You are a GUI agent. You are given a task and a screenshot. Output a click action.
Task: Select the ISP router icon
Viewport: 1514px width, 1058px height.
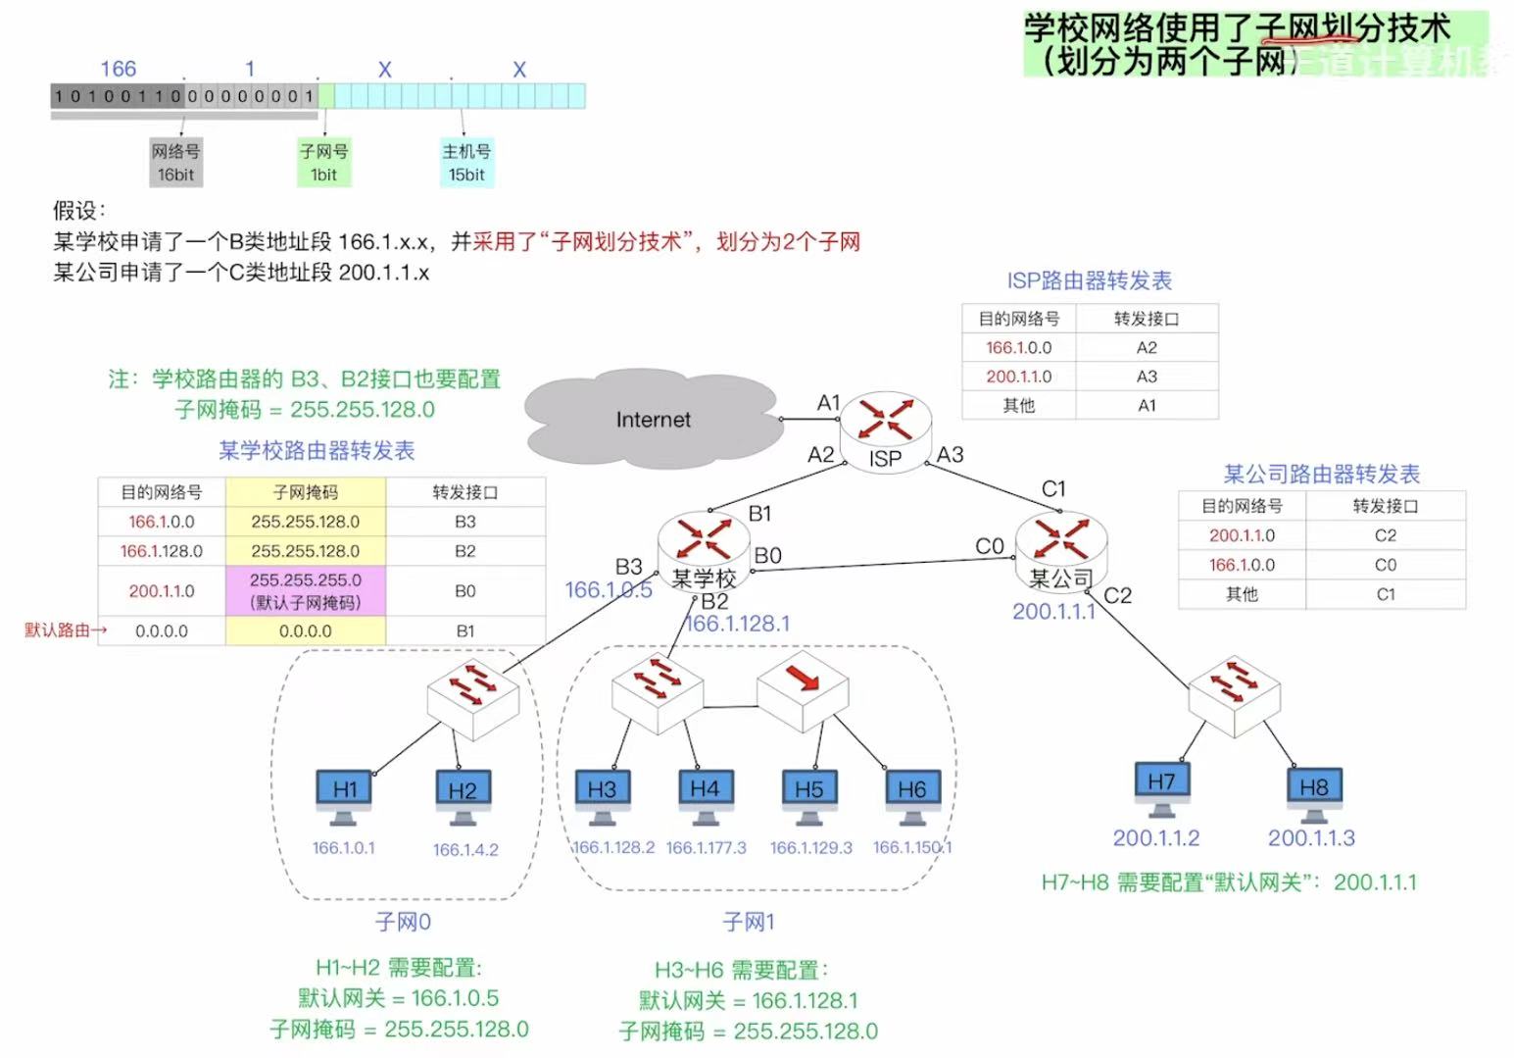click(x=885, y=428)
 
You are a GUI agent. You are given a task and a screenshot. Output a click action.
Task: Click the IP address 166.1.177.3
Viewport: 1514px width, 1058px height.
click(x=706, y=847)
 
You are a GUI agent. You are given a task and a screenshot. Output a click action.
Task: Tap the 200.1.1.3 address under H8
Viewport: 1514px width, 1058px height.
click(x=1311, y=837)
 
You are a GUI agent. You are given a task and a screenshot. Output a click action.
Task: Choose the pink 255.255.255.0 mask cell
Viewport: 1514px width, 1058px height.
click(x=306, y=591)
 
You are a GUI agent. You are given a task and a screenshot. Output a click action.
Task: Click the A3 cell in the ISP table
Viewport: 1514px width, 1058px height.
click(x=1147, y=377)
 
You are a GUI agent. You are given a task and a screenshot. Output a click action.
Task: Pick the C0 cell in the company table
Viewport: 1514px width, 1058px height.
click(x=1385, y=565)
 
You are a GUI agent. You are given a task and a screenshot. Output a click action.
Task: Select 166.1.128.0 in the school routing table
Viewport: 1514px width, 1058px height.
click(x=162, y=551)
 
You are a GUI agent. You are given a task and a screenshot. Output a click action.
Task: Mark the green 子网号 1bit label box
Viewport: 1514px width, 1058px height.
click(x=324, y=163)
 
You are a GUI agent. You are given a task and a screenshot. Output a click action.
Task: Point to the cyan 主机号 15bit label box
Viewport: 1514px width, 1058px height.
click(x=466, y=163)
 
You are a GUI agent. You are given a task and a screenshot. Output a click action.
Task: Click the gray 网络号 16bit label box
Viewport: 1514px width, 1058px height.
click(x=175, y=163)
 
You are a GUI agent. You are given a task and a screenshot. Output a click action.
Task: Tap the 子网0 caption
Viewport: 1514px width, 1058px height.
click(x=403, y=922)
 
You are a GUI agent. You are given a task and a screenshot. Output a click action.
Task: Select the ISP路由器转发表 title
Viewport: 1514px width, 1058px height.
click(x=1089, y=280)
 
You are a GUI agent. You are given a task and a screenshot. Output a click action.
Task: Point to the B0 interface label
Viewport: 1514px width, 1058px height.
click(x=768, y=556)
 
